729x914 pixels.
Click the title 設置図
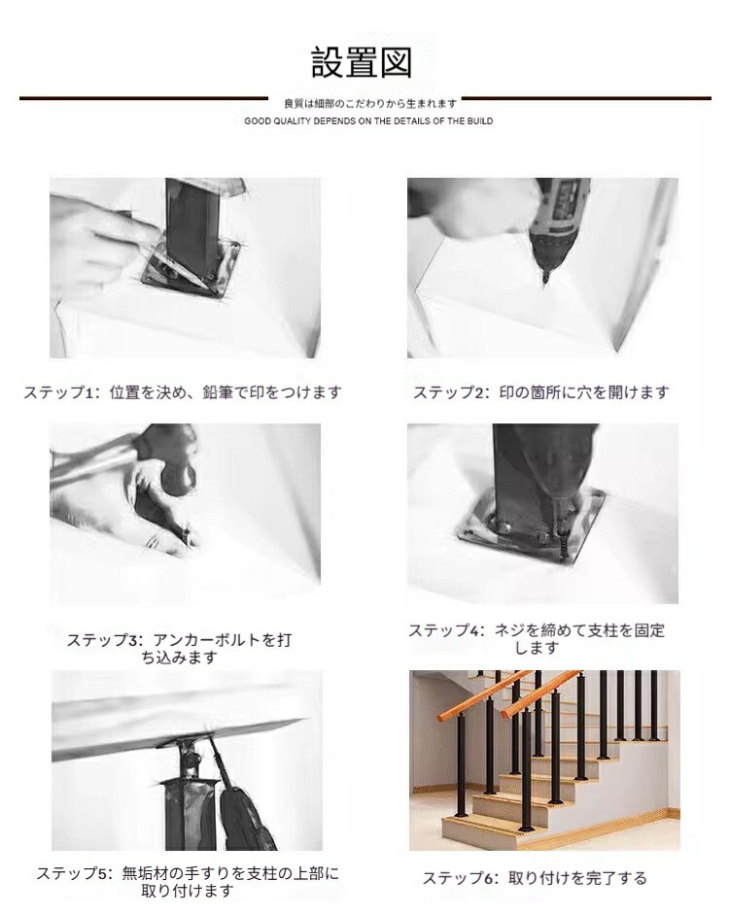pyautogui.click(x=362, y=62)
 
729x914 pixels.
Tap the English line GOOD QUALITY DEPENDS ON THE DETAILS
pyautogui.click(x=368, y=121)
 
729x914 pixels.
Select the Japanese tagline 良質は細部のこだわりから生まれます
pyautogui.click(x=370, y=104)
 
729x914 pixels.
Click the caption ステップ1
pyautogui.click(x=183, y=392)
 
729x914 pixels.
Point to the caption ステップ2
pyautogui.click(x=541, y=392)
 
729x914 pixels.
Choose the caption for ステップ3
pyautogui.click(x=179, y=649)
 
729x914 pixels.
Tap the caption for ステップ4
pyautogui.click(x=537, y=639)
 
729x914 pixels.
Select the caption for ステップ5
pyautogui.click(x=188, y=882)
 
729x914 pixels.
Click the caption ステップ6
pyautogui.click(x=535, y=878)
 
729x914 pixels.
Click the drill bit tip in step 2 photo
pyautogui.click(x=545, y=282)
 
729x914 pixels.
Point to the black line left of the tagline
pyautogui.click(x=144, y=98)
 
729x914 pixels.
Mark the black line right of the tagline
pyautogui.click(x=587, y=98)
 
